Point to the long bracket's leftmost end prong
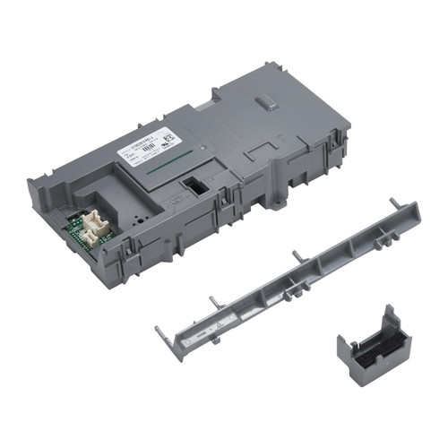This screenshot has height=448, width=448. click(160, 333)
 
